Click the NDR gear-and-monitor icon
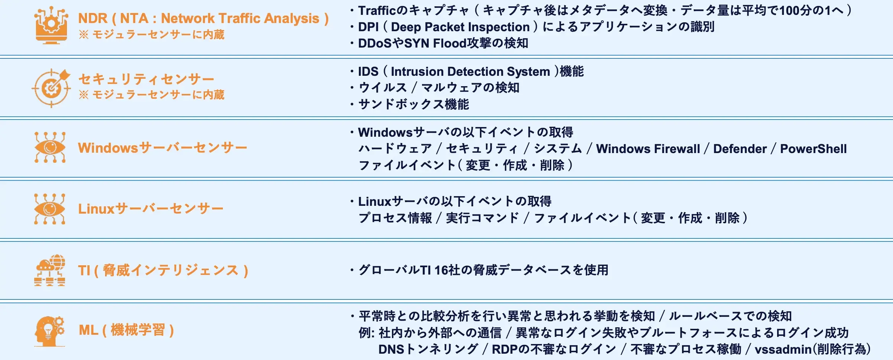point(51,26)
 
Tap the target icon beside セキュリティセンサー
point(51,88)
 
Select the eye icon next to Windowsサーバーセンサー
point(50,147)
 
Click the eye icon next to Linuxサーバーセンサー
point(50,209)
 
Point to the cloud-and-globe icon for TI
point(50,270)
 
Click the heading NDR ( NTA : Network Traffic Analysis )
point(203,18)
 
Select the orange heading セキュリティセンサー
point(146,79)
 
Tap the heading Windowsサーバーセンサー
point(162,148)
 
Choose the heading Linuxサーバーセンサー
point(150,209)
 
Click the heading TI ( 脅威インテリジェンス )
point(163,270)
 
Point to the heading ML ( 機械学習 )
point(126,330)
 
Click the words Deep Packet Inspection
point(460,27)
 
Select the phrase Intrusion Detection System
point(470,71)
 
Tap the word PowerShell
point(813,149)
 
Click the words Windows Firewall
point(648,149)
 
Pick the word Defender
point(740,149)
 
